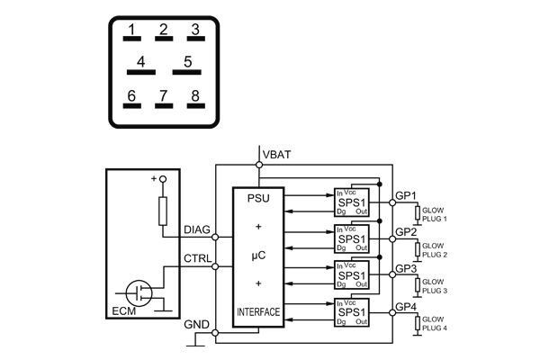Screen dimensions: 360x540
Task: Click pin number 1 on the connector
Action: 131,32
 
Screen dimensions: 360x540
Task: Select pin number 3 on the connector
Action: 193,32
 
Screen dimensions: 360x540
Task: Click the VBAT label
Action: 276,155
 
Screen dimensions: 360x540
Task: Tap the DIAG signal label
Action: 197,230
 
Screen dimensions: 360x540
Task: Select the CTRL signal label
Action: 197,259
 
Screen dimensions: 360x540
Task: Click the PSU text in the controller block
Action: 258,199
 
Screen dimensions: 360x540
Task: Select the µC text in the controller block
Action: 258,256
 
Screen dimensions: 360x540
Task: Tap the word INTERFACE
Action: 258,312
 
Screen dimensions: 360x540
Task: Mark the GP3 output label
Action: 406,268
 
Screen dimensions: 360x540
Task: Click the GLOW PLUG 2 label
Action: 434,249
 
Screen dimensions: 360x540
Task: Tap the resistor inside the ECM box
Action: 163,212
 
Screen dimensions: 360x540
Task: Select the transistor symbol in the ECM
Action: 139,291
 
